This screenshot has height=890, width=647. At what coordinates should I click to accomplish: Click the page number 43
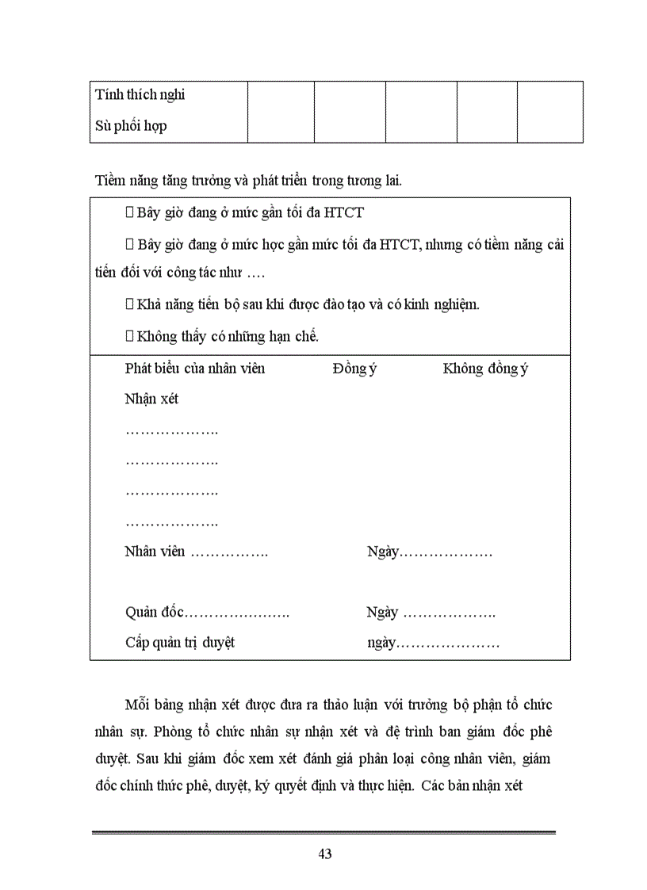[x=323, y=854]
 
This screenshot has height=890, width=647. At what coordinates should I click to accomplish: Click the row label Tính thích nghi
[x=140, y=95]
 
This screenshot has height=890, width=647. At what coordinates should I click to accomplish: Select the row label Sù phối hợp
[x=131, y=125]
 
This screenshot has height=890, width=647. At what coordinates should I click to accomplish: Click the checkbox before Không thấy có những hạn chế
[x=130, y=336]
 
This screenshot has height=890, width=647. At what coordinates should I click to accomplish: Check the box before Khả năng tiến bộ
[x=130, y=304]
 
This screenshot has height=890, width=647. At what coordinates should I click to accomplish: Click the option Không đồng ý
[x=485, y=369]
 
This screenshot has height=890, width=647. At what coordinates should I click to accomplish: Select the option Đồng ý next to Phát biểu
[x=354, y=369]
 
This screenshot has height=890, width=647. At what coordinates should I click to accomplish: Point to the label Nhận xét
[x=151, y=399]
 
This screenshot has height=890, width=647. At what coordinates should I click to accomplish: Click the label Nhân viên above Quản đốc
[x=155, y=551]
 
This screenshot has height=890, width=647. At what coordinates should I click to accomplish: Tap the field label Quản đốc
[x=155, y=613]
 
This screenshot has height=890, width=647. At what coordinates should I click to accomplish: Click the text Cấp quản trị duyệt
[x=180, y=643]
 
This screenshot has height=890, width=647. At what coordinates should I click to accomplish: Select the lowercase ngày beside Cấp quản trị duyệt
[x=381, y=643]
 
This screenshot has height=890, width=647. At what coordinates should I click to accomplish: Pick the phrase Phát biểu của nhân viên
[x=195, y=369]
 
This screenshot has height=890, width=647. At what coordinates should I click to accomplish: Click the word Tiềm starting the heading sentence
[x=109, y=180]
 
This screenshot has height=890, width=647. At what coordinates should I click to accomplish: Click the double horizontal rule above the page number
[x=323, y=832]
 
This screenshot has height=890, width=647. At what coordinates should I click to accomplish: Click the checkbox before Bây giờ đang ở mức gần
[x=130, y=212]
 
